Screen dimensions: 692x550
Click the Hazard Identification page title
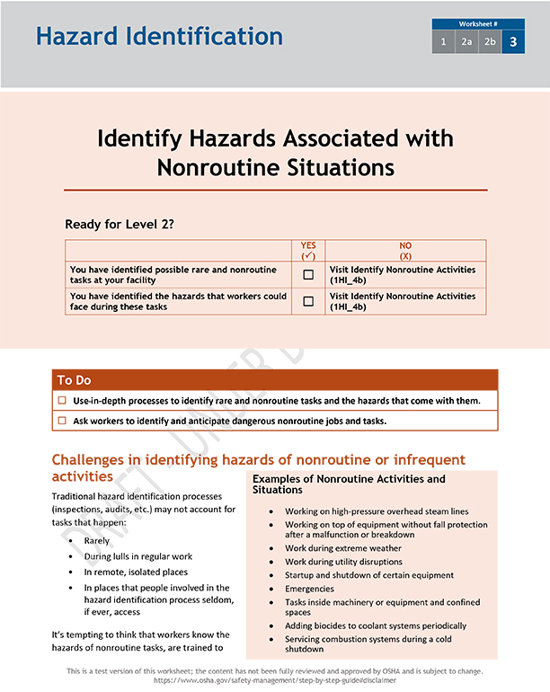click(159, 37)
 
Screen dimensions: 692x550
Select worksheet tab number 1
click(443, 42)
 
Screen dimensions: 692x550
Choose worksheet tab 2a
click(466, 42)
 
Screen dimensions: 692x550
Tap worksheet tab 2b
click(490, 42)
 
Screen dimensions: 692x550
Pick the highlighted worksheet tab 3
click(513, 42)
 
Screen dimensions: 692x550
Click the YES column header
click(308, 250)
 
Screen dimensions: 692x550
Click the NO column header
click(404, 250)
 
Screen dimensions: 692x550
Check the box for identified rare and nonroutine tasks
click(308, 275)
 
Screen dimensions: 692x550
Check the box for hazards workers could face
click(308, 301)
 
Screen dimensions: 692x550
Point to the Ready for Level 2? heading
click(119, 224)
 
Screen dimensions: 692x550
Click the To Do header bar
click(275, 380)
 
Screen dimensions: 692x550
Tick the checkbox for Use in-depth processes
click(63, 401)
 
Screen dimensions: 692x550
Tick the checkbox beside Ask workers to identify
click(63, 421)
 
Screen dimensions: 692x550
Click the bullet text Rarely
click(97, 541)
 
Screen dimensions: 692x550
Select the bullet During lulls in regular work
click(138, 556)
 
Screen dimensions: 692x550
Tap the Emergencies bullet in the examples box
click(309, 590)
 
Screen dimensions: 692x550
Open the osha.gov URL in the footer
click(275, 681)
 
